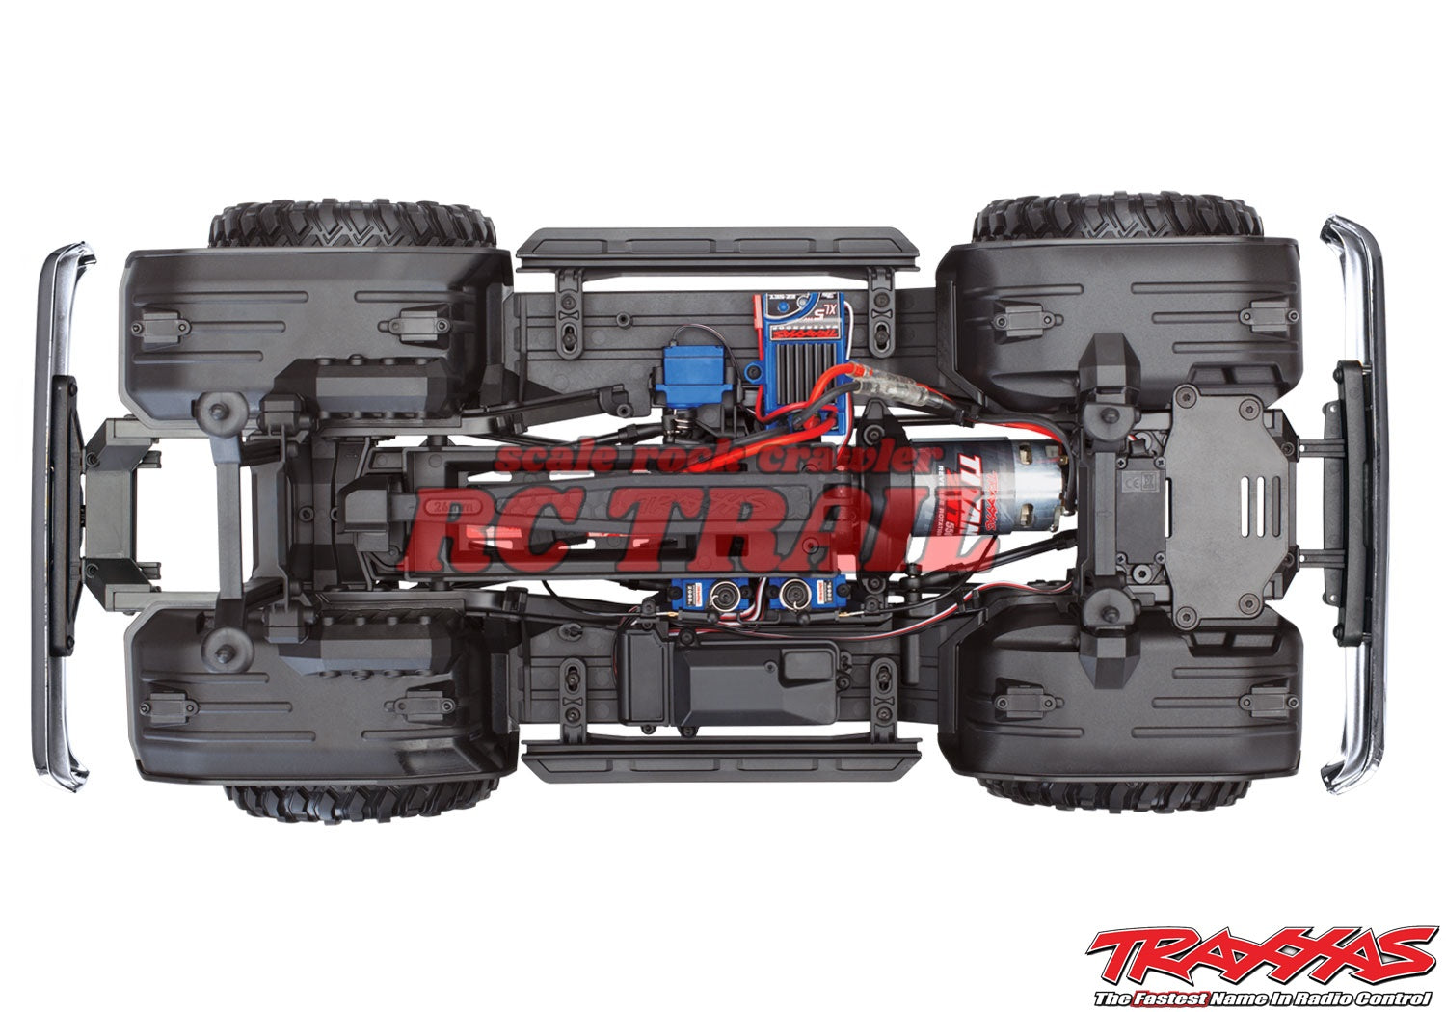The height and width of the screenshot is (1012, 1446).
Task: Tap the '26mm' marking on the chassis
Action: point(446,505)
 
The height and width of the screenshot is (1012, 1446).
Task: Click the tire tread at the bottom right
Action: point(1118,790)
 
